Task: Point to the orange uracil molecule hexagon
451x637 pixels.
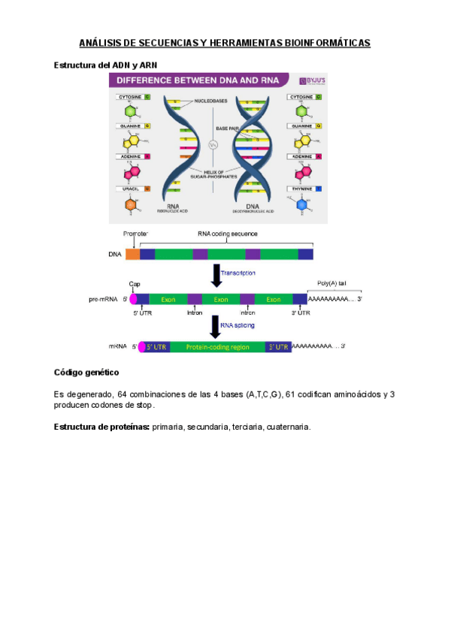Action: coord(131,205)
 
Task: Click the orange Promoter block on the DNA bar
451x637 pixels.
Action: coord(132,254)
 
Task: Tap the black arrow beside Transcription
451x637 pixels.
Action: coord(217,274)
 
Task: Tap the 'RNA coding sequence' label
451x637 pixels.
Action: coord(227,234)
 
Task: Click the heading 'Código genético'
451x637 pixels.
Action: coord(86,373)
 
